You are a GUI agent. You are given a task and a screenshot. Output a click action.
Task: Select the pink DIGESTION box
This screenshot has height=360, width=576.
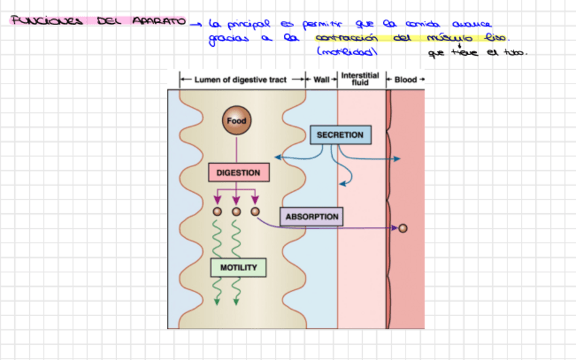(238, 173)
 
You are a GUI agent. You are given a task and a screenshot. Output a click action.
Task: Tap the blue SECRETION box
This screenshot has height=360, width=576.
(340, 135)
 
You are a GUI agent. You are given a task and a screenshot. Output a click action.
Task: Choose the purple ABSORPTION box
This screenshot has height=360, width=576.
(312, 217)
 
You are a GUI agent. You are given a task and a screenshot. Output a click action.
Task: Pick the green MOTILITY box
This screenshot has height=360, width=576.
(238, 268)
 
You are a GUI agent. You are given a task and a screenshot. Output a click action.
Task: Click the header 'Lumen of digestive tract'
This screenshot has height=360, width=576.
(240, 79)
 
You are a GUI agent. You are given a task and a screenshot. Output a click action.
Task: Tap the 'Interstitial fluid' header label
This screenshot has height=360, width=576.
(360, 79)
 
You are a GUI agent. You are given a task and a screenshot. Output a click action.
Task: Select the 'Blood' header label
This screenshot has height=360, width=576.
(406, 79)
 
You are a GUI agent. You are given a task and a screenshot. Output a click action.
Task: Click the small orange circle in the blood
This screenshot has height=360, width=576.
(403, 229)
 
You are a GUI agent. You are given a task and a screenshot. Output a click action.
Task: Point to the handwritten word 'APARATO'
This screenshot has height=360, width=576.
(159, 22)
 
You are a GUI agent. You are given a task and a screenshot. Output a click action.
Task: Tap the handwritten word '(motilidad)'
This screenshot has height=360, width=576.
(346, 52)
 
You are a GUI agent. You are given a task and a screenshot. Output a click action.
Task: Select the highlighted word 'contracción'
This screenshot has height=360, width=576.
(346, 38)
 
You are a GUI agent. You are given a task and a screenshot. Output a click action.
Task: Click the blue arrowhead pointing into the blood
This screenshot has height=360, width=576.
(397, 159)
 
